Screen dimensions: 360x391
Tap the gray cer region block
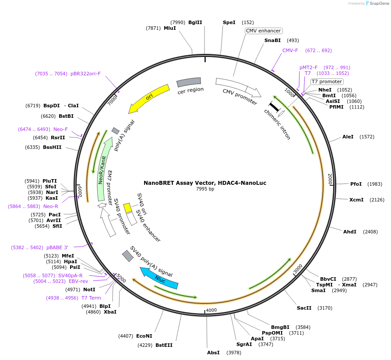[x=189, y=82]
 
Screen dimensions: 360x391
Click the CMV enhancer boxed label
[x=263, y=31]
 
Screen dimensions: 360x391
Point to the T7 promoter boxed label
[x=327, y=81]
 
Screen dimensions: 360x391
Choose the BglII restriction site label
[x=195, y=22]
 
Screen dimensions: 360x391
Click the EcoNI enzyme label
[x=144, y=336]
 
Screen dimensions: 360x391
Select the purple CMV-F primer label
[x=290, y=50]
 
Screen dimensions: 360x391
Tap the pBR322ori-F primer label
[x=85, y=74]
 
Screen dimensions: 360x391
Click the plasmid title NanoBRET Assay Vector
[x=205, y=183]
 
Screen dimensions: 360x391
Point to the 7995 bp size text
[x=205, y=189]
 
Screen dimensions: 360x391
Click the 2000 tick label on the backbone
[x=330, y=179]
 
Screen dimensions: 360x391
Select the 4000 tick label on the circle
[x=211, y=310]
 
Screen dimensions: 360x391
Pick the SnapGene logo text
[x=379, y=4]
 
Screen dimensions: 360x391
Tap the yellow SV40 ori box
[x=127, y=208]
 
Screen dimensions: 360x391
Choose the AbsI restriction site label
[x=213, y=353]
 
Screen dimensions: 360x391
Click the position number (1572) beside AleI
[x=367, y=137]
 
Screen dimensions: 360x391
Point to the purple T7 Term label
[x=91, y=298]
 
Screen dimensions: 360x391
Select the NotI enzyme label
[x=89, y=289]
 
